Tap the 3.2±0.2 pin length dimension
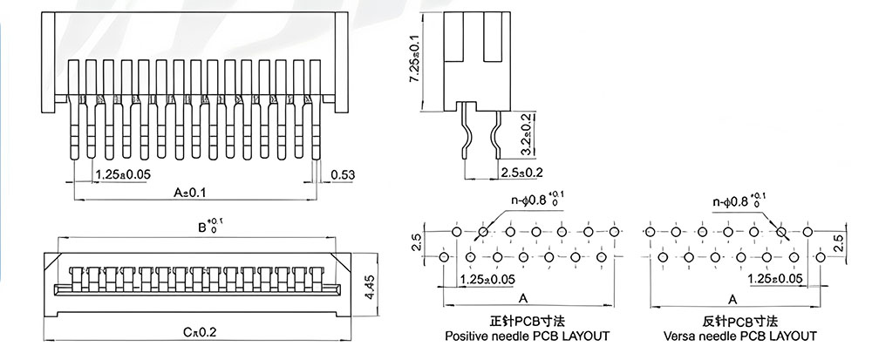pos(526,134)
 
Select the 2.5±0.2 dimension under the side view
pos(521,173)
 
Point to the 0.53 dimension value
pos(343,175)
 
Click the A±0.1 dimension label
pos(189,193)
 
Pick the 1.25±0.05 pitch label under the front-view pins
pos(123,174)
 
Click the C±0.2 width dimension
pos(201,332)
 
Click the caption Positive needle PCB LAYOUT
pos(528,336)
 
